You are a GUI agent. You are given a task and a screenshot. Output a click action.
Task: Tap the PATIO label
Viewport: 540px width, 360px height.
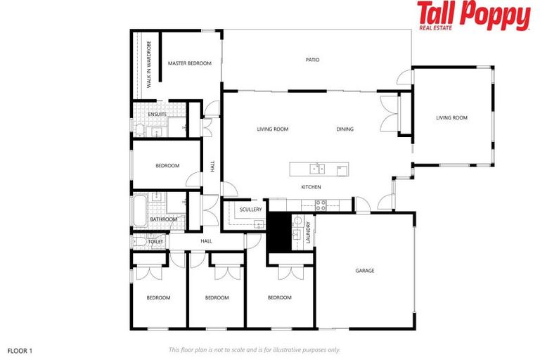(x=312, y=60)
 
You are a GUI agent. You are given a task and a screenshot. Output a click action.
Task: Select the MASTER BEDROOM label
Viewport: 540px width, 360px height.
(x=189, y=63)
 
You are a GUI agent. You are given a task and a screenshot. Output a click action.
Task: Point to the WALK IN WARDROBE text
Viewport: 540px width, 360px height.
(x=149, y=65)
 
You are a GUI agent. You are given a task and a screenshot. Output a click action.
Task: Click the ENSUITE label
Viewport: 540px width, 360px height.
(x=157, y=114)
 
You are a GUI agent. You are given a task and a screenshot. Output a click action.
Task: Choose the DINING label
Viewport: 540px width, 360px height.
(x=345, y=129)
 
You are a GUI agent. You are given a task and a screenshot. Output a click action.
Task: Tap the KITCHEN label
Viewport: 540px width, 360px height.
(x=311, y=187)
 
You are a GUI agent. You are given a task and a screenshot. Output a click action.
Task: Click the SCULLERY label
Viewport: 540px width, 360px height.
(x=250, y=210)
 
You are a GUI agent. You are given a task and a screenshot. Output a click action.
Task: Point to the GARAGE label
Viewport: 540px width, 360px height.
(x=364, y=271)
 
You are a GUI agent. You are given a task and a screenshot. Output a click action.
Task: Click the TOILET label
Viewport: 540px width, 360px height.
(x=155, y=242)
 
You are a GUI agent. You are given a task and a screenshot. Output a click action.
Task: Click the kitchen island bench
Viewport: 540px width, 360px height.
(x=319, y=169)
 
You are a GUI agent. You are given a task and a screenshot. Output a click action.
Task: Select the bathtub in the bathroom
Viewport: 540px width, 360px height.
(x=139, y=209)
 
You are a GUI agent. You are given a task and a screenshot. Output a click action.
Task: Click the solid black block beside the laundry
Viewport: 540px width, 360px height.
(x=278, y=231)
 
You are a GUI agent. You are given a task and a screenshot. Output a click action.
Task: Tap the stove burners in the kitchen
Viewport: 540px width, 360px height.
(x=321, y=205)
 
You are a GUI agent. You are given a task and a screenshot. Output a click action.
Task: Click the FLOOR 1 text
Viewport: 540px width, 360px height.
(x=20, y=349)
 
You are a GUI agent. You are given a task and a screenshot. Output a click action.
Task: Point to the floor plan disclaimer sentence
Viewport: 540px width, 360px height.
(x=255, y=349)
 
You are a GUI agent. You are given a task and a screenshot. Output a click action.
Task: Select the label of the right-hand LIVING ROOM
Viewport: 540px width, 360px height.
(x=451, y=118)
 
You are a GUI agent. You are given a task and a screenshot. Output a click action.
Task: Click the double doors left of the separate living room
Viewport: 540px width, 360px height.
(x=388, y=112)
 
